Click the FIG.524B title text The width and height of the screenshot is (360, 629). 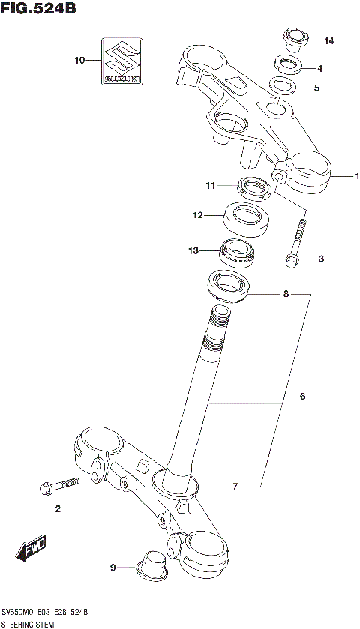pyautogui.click(x=39, y=10)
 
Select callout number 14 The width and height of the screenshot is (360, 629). pyautogui.click(x=329, y=40)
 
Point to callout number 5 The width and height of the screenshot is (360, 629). pyautogui.click(x=316, y=88)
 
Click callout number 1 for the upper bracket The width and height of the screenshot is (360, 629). pyautogui.click(x=357, y=176)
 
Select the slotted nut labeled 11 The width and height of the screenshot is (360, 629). pyautogui.click(x=251, y=187)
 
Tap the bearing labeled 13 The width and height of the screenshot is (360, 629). pyautogui.click(x=236, y=251)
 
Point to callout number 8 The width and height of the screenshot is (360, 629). pyautogui.click(x=285, y=295)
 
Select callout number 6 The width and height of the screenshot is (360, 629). pyautogui.click(x=302, y=396)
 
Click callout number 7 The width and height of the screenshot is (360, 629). pyautogui.click(x=235, y=487)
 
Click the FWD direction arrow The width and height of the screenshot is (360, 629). pyautogui.click(x=31, y=549)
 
